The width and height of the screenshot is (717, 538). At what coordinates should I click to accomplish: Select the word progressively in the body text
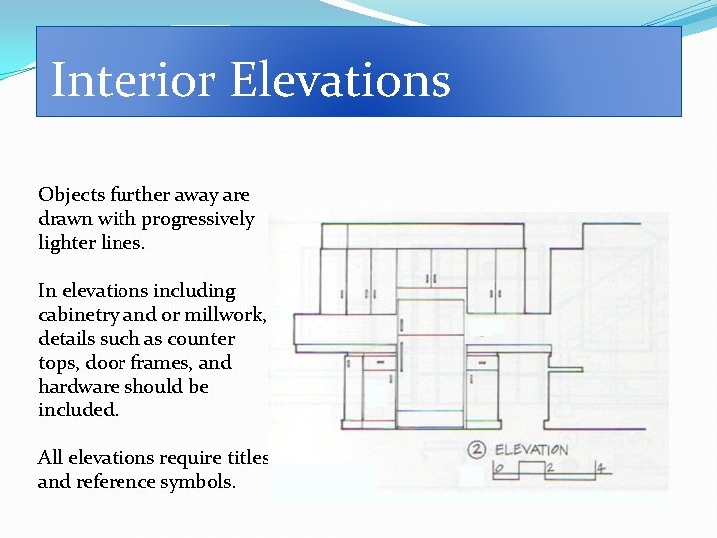197,219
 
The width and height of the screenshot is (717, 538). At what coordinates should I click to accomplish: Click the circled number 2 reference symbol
477,449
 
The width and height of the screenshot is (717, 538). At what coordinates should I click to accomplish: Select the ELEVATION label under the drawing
531,450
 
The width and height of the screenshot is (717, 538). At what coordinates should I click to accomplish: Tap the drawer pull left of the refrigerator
379,363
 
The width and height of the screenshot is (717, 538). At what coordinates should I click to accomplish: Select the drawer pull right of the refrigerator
481,363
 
